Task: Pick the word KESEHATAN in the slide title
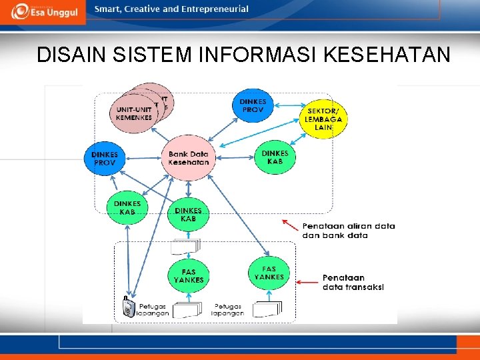click(387, 55)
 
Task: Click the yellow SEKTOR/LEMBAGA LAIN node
click(324, 119)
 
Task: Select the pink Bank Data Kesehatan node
click(189, 158)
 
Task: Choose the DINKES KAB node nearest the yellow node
click(275, 157)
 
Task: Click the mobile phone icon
click(129, 307)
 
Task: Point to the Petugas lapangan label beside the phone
click(153, 310)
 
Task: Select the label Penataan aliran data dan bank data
click(348, 231)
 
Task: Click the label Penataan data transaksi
click(353, 282)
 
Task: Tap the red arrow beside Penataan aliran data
click(289, 223)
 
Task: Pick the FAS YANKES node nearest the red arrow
click(269, 273)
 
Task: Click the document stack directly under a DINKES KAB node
click(185, 247)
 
